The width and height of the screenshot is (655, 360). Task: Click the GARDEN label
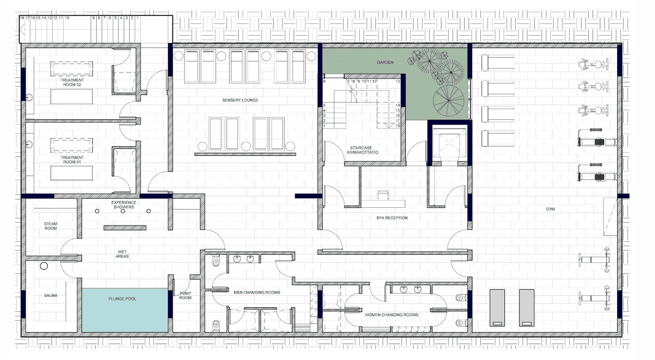pyautogui.click(x=385, y=62)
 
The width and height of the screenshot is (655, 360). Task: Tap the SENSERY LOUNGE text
pyautogui.click(x=240, y=100)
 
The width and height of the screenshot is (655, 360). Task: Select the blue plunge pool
pyautogui.click(x=125, y=310)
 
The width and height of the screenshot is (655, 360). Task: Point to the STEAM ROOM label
pyautogui.click(x=50, y=226)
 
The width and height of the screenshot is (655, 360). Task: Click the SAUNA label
pyautogui.click(x=50, y=296)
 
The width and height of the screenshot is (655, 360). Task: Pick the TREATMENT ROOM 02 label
pyautogui.click(x=72, y=82)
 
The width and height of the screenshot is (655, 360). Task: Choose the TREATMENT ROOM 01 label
pyautogui.click(x=72, y=159)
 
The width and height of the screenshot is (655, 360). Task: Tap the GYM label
pyautogui.click(x=550, y=209)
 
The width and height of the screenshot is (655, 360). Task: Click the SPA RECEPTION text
pyautogui.click(x=392, y=218)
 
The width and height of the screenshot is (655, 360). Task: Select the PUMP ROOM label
pyautogui.click(x=186, y=296)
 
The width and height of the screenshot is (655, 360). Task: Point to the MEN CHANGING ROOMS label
pyautogui.click(x=257, y=292)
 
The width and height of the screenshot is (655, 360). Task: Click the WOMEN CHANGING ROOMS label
pyautogui.click(x=391, y=314)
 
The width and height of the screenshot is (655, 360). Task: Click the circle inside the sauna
pyautogui.click(x=44, y=266)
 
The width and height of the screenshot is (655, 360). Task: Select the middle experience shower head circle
pyautogui.click(x=123, y=211)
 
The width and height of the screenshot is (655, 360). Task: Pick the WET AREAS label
pyautogui.click(x=122, y=254)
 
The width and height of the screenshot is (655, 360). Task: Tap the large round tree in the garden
pyautogui.click(x=448, y=101)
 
